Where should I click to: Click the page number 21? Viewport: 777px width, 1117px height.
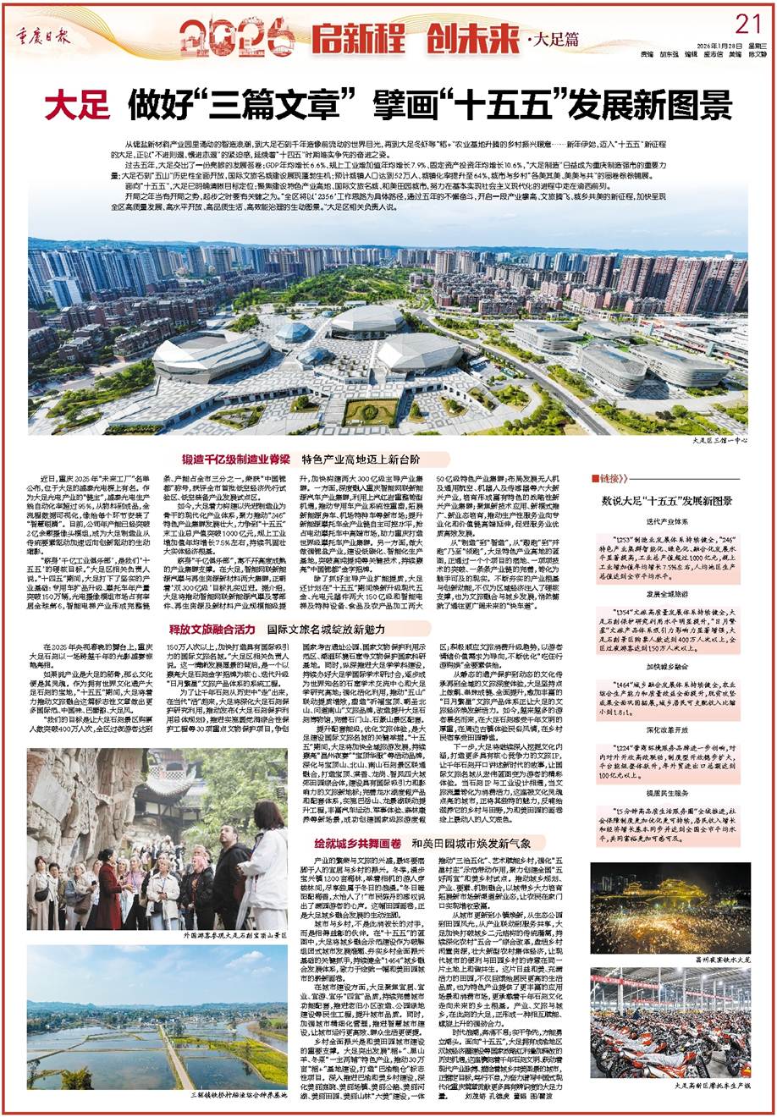(x=748, y=22)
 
